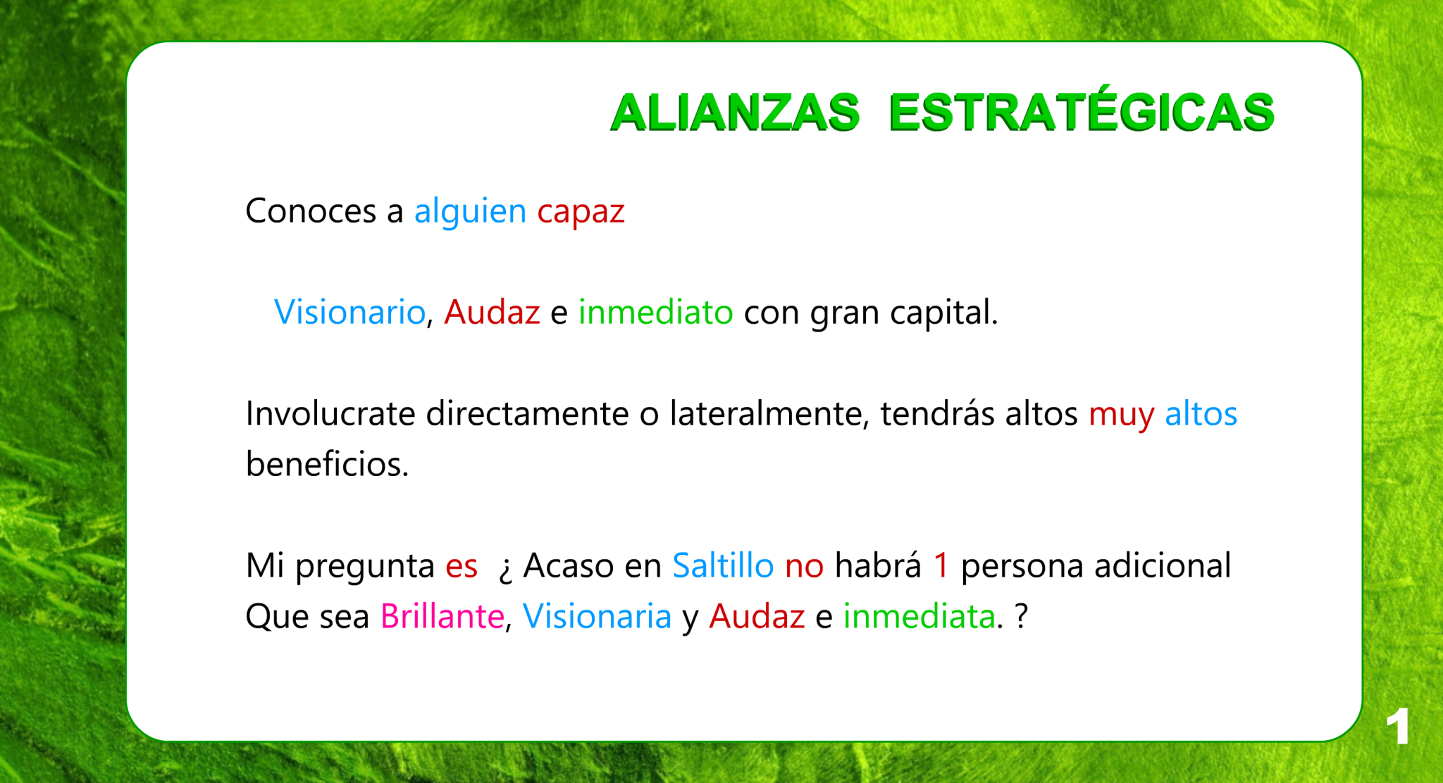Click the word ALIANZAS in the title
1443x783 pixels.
click(735, 113)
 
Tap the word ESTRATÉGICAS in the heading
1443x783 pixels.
click(1082, 108)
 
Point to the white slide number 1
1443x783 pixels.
click(1398, 726)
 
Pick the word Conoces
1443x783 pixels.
click(311, 211)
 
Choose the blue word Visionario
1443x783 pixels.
click(349, 312)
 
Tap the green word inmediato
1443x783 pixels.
click(655, 312)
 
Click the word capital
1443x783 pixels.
click(943, 314)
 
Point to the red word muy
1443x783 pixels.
click(1122, 416)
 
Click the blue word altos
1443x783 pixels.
click(1201, 413)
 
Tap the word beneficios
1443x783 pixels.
click(327, 464)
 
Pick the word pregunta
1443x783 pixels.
click(365, 568)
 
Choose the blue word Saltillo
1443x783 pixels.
click(723, 565)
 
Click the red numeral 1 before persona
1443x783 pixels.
click(941, 565)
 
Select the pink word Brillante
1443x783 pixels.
click(442, 616)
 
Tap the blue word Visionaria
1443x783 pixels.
click(597, 616)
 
